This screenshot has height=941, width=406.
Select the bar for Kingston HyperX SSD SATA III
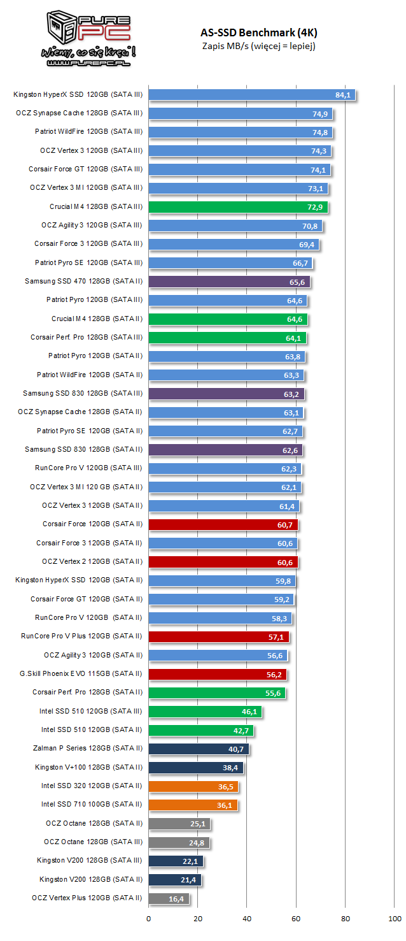coord(251,95)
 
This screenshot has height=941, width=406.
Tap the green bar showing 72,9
coord(238,207)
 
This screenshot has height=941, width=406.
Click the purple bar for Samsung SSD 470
coord(229,282)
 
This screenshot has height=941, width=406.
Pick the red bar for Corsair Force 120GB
coord(223,524)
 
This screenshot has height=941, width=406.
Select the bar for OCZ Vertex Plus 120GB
coord(169,898)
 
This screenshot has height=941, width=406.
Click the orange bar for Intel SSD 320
coord(193,786)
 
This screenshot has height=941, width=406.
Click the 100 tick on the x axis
coord(395,919)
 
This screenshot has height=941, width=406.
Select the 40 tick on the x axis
coord(247,919)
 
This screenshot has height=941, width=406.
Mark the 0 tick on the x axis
coord(149,919)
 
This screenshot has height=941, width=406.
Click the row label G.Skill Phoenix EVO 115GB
coord(81,673)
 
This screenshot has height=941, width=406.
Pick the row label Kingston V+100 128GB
coord(88,767)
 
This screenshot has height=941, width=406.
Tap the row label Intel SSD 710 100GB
coord(92,805)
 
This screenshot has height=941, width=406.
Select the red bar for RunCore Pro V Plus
coord(218,636)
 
